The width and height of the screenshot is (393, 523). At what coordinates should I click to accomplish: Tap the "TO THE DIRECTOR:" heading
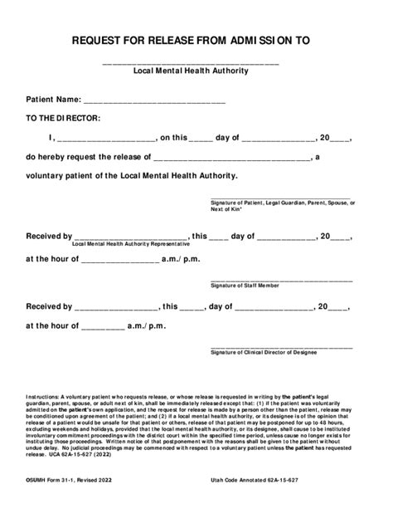[63, 118]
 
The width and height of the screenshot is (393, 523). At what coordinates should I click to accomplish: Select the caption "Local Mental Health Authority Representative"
[131, 244]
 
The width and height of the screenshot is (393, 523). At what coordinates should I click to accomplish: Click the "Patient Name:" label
[53, 99]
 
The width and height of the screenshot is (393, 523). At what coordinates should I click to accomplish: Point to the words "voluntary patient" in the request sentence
[65, 175]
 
